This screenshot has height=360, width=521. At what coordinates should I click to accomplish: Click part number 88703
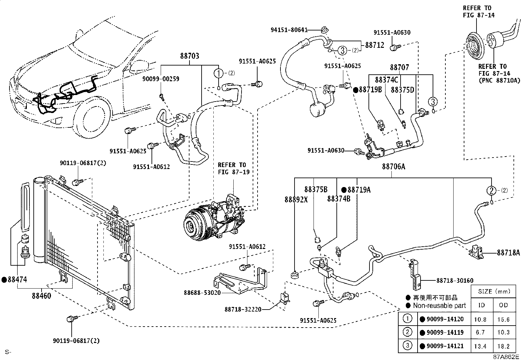189,56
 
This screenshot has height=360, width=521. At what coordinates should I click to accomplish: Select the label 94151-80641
289,30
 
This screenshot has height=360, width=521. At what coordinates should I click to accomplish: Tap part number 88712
374,45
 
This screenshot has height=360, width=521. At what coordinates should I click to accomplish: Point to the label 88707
399,67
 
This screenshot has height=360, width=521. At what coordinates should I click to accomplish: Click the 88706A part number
394,166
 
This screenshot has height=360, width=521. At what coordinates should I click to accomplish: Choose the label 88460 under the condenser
42,296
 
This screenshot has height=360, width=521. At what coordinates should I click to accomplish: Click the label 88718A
508,253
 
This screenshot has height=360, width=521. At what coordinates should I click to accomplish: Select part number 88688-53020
202,293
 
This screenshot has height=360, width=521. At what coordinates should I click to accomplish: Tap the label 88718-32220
243,310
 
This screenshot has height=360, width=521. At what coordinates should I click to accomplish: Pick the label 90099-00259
161,79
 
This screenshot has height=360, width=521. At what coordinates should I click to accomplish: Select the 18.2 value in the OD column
504,346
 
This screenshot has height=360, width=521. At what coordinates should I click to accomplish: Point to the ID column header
481,305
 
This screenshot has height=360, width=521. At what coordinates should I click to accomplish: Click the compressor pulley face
192,225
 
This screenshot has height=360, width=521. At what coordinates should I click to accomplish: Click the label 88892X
296,199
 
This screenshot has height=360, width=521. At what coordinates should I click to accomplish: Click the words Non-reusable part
439,306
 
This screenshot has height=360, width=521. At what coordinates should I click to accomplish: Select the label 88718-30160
455,281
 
